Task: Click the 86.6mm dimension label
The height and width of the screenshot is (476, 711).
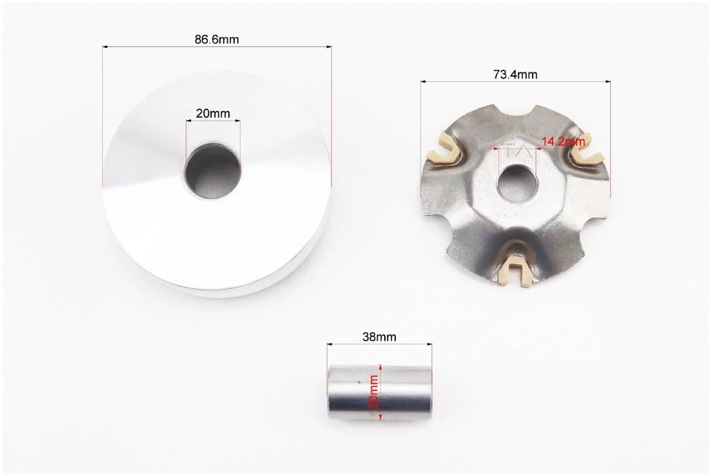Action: [x=217, y=39]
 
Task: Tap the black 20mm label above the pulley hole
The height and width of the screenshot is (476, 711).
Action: [x=213, y=113]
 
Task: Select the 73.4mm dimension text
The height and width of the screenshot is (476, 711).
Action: [x=515, y=75]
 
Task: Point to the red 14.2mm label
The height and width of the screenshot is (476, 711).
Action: [x=563, y=141]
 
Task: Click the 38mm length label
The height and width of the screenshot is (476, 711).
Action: [x=379, y=337]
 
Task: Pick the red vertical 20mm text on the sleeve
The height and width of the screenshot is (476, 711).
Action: [x=374, y=392]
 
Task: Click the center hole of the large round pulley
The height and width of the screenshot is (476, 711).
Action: [x=213, y=171]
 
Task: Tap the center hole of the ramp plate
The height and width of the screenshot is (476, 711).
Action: [x=517, y=184]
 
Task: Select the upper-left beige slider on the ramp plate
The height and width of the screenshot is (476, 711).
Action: [x=443, y=148]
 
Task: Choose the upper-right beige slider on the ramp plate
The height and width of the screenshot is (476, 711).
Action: [x=587, y=149]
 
